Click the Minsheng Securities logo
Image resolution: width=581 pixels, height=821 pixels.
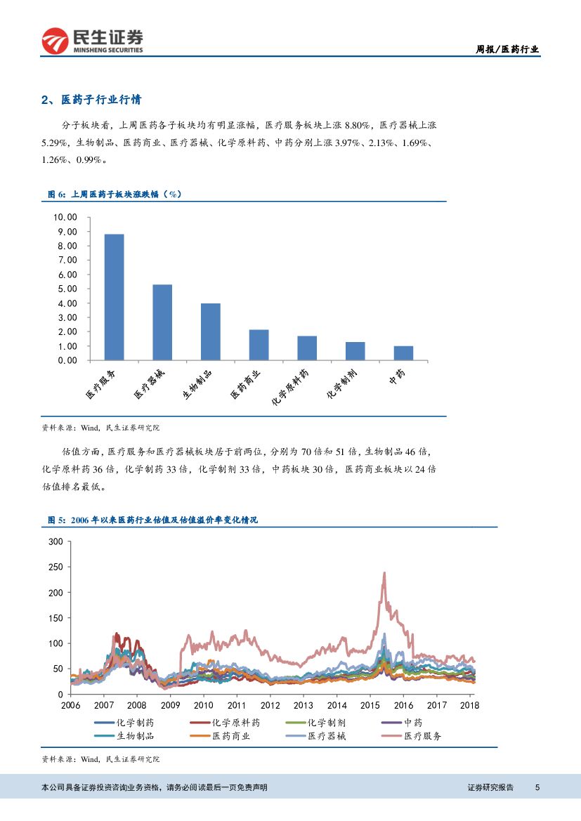point(92,41)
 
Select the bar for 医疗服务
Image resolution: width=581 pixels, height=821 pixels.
point(114,297)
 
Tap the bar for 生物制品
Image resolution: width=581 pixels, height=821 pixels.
point(211,331)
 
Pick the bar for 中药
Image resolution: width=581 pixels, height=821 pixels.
point(403,353)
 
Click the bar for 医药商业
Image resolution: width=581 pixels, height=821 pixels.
point(259,345)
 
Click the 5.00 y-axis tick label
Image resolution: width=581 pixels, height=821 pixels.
point(67,289)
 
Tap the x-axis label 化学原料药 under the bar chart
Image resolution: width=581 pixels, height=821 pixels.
point(289,387)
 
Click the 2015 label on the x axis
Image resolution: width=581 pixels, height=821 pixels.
point(370,705)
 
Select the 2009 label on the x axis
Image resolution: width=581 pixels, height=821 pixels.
point(170,705)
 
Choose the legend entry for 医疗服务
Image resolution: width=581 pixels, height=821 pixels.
point(423,736)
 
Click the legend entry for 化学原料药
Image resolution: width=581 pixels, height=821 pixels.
point(236,722)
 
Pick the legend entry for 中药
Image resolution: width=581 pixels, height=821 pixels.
point(414,722)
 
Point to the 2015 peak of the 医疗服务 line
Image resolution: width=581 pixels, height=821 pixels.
point(384,572)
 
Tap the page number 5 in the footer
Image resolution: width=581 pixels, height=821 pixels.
point(537,787)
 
